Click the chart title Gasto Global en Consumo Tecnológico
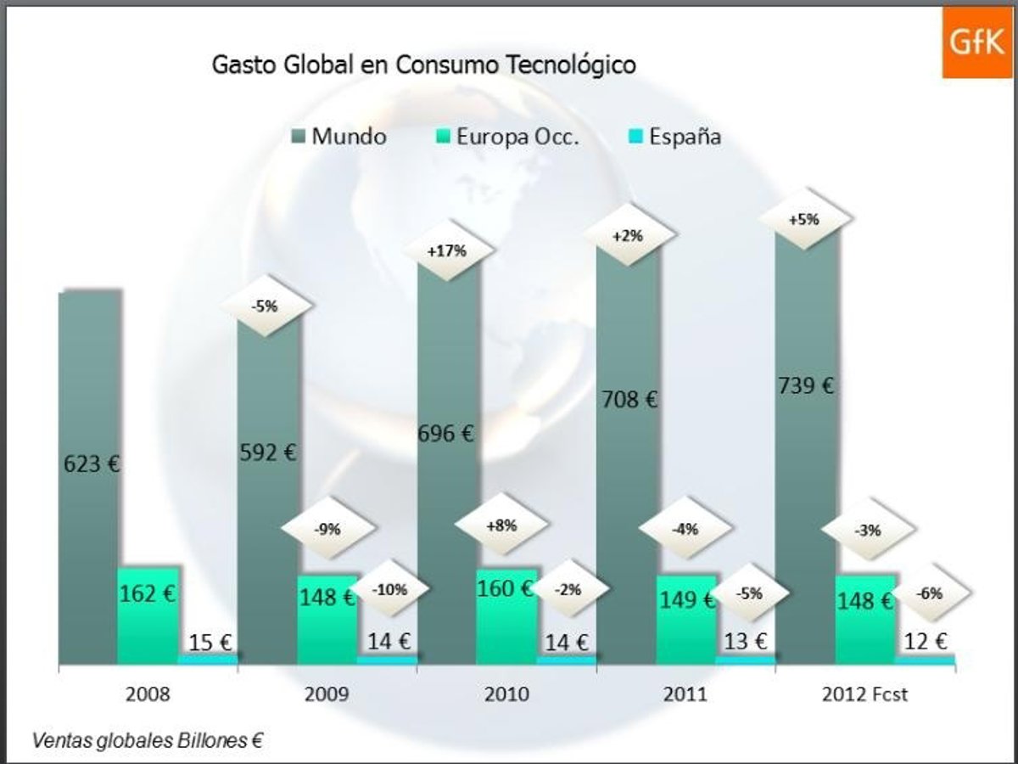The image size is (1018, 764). point(423,65)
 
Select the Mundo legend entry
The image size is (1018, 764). point(339,136)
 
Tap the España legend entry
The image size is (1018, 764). point(675,136)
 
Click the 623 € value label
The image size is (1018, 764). point(92,464)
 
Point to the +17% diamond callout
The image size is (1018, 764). point(447,250)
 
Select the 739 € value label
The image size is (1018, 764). point(806,385)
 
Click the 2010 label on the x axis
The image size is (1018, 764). point(506,694)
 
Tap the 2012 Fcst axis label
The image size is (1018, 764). point(864,694)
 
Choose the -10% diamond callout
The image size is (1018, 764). point(390,588)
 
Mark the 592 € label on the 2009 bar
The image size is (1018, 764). point(268,452)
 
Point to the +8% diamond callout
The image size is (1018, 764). point(501,525)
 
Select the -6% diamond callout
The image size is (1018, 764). point(929,593)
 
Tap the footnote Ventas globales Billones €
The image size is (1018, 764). point(146,739)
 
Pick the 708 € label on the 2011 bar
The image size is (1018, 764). point(629,399)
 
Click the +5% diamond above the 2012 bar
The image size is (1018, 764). point(804,219)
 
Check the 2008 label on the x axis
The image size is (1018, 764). point(148,694)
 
